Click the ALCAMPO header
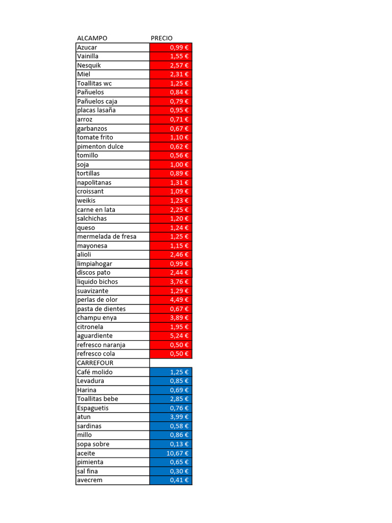(x=92, y=38)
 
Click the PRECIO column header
(x=162, y=38)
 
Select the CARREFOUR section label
(x=95, y=363)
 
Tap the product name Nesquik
(x=89, y=65)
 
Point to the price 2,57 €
(x=179, y=65)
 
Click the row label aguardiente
(x=94, y=336)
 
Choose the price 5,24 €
(x=179, y=336)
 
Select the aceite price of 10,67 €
(x=178, y=453)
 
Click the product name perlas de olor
(x=97, y=300)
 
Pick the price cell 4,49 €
(x=179, y=300)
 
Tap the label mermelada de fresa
(x=106, y=236)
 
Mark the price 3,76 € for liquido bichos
(x=179, y=282)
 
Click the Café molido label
(x=94, y=372)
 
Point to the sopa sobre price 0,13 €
(x=179, y=444)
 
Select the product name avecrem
(x=89, y=480)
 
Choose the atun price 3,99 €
(x=179, y=417)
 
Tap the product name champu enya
(x=96, y=318)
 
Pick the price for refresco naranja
(x=179, y=345)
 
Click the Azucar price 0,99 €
(x=179, y=47)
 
